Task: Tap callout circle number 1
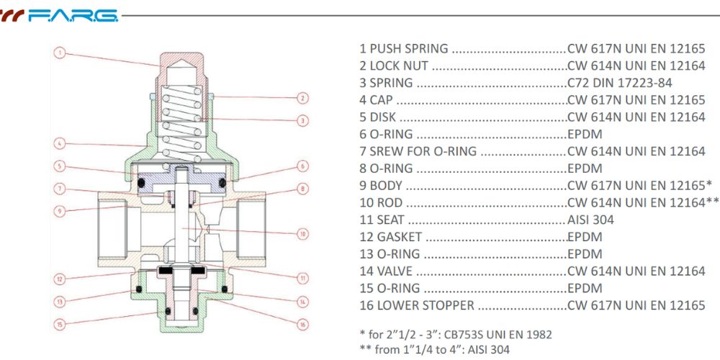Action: [x=60, y=52]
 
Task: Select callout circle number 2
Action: [x=303, y=98]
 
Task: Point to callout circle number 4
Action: [x=60, y=143]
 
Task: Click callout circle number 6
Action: [x=303, y=166]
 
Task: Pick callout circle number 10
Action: [x=303, y=233]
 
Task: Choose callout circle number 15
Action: [x=60, y=324]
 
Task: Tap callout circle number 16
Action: [x=303, y=324]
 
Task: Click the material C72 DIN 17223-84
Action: [x=620, y=83]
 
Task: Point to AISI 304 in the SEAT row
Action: [x=590, y=220]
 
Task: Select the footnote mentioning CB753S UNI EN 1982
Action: [x=455, y=335]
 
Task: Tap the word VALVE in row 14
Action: [x=394, y=271]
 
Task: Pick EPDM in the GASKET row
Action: [x=584, y=237]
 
